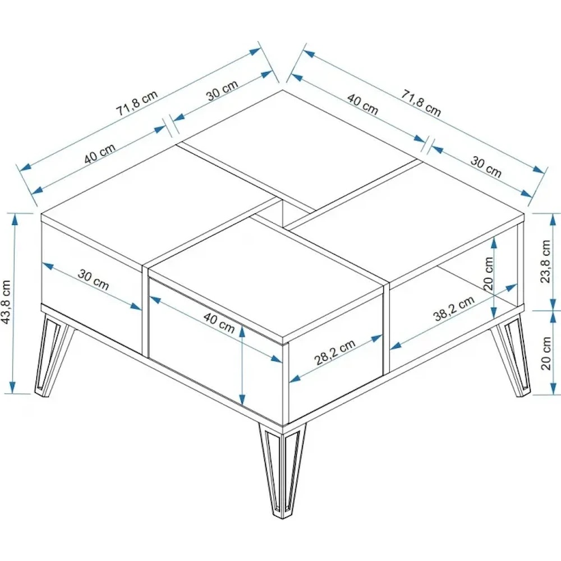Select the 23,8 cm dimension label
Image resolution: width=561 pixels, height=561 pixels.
click(x=545, y=261)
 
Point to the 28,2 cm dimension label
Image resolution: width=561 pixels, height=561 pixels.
click(x=335, y=352)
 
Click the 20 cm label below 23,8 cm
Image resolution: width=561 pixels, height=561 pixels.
click(x=546, y=353)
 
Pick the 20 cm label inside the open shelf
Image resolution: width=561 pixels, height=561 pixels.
click(x=488, y=273)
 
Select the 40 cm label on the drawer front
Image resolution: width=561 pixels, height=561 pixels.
click(x=219, y=322)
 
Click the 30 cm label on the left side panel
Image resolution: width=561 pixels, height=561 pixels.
click(x=93, y=280)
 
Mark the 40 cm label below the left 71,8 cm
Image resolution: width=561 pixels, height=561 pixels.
click(x=100, y=154)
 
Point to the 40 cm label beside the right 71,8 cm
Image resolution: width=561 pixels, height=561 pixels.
click(x=362, y=104)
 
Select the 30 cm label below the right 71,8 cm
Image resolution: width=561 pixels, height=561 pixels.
click(x=485, y=167)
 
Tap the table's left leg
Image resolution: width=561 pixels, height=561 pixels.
click(x=54, y=354)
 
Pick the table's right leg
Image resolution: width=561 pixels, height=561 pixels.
click(x=511, y=354)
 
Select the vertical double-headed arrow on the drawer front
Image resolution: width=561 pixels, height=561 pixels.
click(x=242, y=365)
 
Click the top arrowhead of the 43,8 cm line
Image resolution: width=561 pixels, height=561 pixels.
click(x=15, y=220)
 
